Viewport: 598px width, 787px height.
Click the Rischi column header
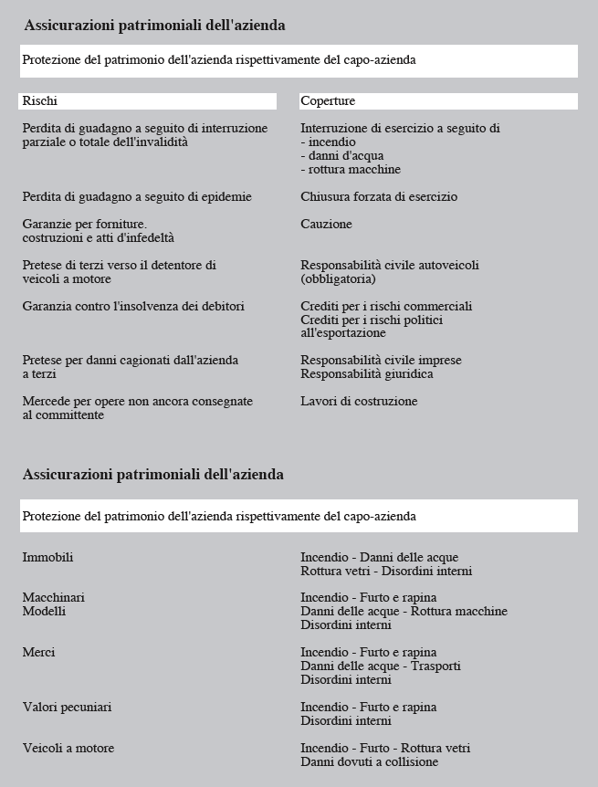pos(40,101)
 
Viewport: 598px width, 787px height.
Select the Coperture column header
pos(328,101)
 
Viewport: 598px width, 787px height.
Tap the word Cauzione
pos(326,225)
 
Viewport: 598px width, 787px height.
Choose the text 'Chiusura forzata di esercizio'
pos(379,197)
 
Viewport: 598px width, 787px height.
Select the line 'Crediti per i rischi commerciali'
pos(386,307)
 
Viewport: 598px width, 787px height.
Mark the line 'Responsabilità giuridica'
pos(366,374)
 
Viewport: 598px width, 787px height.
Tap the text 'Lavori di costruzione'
pos(359,402)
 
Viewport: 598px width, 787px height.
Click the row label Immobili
pos(47,558)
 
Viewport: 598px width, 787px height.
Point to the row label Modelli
pos(44,612)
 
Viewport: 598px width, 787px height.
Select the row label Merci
pos(38,653)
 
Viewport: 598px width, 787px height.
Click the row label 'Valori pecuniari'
pos(67,708)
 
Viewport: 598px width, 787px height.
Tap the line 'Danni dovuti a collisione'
pos(369,762)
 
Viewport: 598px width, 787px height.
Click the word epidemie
pos(226,197)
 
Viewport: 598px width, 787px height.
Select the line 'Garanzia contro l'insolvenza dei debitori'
pos(133,307)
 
